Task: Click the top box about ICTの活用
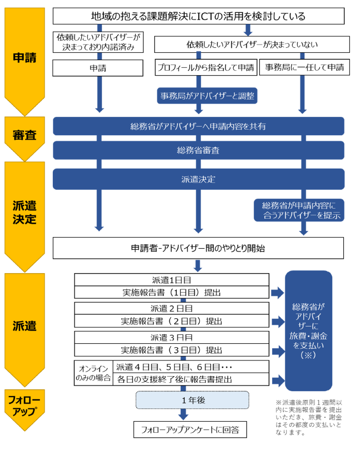tap(198, 17)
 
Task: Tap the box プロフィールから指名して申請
tap(205, 68)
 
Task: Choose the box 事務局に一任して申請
tap(304, 68)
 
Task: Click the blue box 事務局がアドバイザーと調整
tap(207, 96)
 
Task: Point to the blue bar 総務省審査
tap(198, 150)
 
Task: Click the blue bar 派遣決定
tap(198, 179)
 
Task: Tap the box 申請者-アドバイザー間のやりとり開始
tap(198, 248)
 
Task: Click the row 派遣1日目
tap(172, 279)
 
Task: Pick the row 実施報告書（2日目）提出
tap(172, 321)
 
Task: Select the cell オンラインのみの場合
tap(93, 373)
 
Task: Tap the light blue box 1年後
tap(192, 399)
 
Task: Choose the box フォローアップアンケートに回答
tap(190, 430)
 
